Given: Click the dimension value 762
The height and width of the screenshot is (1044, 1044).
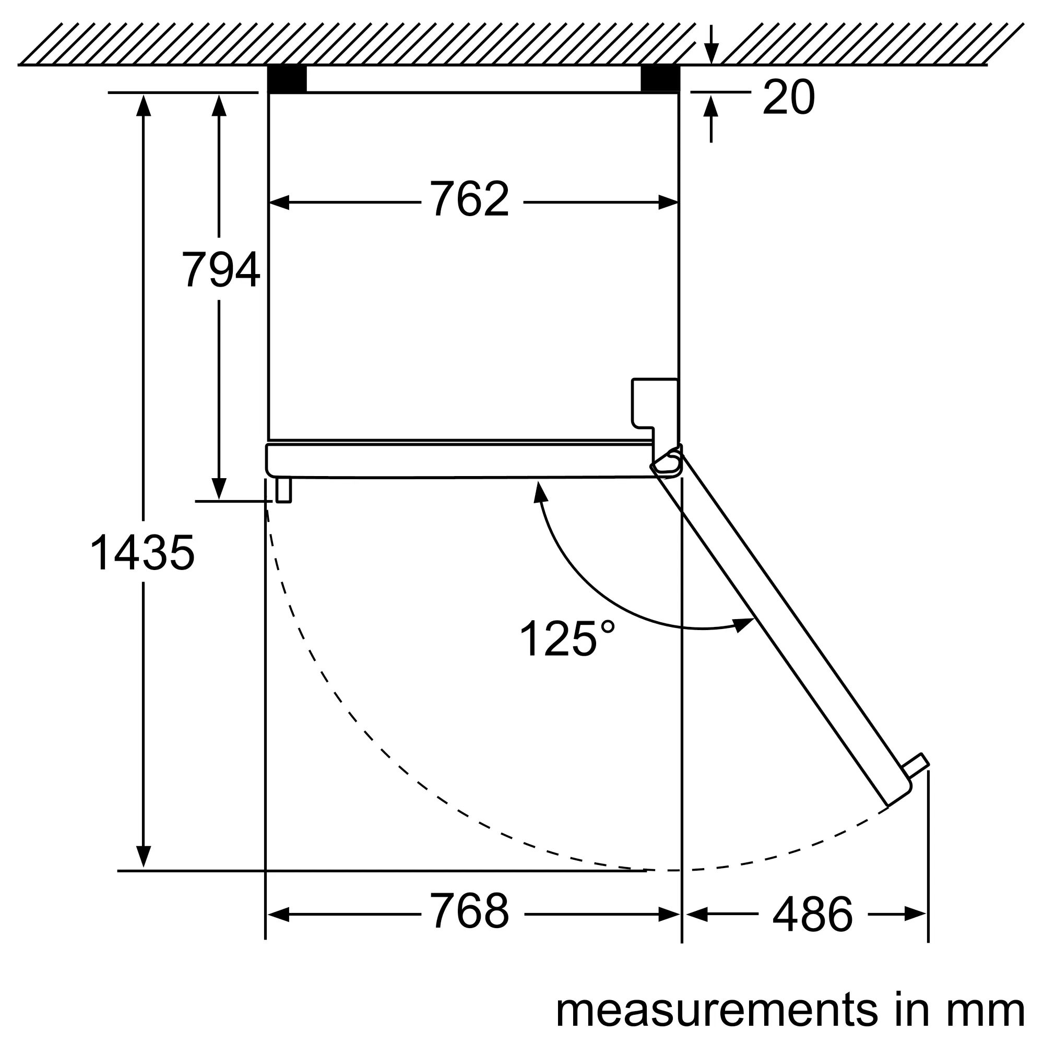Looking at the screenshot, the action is tap(469, 199).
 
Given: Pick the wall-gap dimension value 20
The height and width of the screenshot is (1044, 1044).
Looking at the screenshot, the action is tap(788, 97).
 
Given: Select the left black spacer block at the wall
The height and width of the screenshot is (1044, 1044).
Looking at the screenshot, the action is tap(288, 79).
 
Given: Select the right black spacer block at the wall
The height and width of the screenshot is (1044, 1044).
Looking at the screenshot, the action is tap(660, 79).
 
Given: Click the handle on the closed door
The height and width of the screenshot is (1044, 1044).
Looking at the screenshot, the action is tap(283, 490).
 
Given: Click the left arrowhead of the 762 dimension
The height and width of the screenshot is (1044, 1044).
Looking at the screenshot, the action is tap(279, 203).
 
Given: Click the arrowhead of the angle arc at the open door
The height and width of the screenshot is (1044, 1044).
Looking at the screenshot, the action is tap(745, 625).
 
